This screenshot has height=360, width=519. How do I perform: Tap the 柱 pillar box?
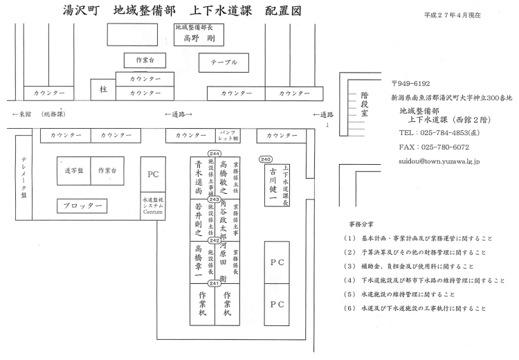point(104,89)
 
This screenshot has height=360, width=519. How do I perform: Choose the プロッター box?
point(82,206)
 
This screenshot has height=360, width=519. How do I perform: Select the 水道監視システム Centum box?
point(153,206)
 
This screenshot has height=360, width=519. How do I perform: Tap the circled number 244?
point(214,153)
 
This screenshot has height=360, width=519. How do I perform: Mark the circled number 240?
point(266,159)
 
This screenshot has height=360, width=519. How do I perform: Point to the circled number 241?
point(214,283)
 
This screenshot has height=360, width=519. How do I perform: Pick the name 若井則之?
point(199,219)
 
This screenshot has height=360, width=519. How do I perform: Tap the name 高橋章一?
point(199,262)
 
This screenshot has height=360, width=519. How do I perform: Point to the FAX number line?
point(434,147)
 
